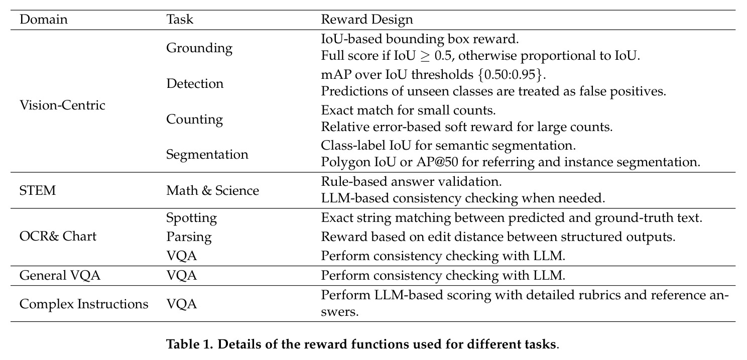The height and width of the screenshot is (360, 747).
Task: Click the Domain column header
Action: (x=43, y=20)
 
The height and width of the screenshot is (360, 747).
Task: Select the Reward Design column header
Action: (x=367, y=20)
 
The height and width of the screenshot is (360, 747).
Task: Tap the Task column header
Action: (x=180, y=20)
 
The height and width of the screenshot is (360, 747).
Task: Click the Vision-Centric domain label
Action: (x=62, y=105)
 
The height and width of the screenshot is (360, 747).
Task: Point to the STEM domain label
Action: (x=37, y=190)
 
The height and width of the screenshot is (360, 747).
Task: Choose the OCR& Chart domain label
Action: (x=58, y=236)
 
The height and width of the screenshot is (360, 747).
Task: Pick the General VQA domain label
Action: (x=60, y=276)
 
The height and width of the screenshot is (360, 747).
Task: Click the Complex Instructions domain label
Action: (x=84, y=304)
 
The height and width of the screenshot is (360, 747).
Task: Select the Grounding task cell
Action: (x=199, y=48)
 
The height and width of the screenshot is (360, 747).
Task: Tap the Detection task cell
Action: (x=195, y=83)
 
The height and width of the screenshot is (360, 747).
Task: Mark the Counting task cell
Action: (x=194, y=119)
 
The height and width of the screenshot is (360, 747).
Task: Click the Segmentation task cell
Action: (x=207, y=155)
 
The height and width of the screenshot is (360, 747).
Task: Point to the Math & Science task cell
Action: (x=212, y=190)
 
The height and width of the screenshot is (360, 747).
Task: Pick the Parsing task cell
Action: (x=189, y=237)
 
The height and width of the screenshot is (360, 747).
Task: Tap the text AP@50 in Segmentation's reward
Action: (x=437, y=162)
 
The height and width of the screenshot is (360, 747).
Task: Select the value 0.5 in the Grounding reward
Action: (x=443, y=56)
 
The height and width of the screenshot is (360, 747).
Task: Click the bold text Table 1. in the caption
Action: (x=189, y=344)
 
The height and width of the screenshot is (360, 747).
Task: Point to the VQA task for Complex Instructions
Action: (x=181, y=304)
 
